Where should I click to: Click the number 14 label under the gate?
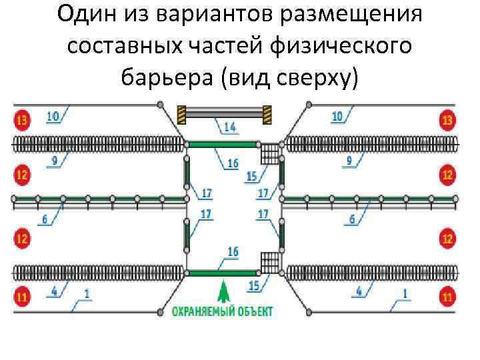point(229,126)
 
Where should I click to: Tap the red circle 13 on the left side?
point(21,121)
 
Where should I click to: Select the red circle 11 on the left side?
point(21,296)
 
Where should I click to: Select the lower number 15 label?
point(254,285)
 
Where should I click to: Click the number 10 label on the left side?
point(53,116)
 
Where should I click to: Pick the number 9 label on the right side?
point(349,161)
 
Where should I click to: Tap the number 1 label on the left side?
point(87,292)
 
